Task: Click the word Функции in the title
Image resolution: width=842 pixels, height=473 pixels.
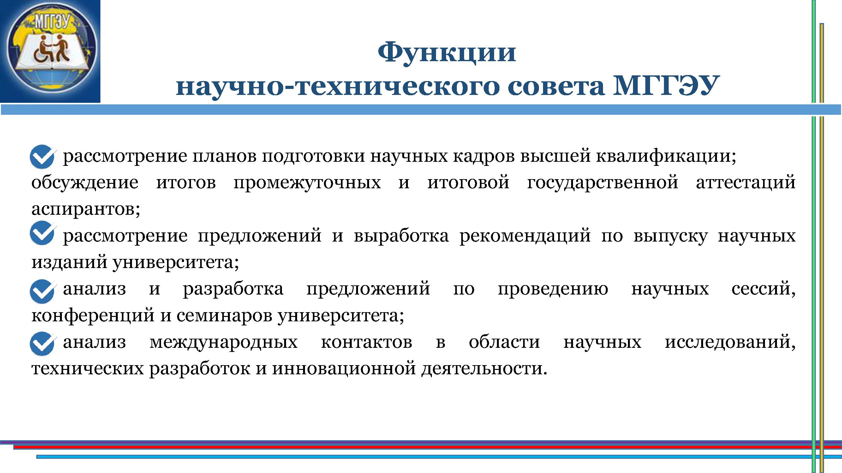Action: [447, 53]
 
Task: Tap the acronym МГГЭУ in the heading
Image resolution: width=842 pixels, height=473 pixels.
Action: [666, 85]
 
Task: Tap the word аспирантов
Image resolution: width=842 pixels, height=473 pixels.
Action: [86, 209]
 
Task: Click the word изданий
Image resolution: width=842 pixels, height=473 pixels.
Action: [69, 262]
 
